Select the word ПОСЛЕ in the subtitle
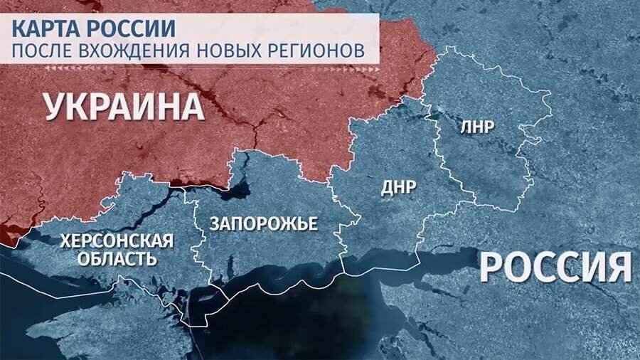42,51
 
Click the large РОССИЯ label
555,268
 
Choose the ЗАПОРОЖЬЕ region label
263,223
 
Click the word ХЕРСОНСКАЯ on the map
117,240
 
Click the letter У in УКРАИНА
56,107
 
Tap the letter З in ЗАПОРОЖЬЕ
215,223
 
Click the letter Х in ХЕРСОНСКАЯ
66,240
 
